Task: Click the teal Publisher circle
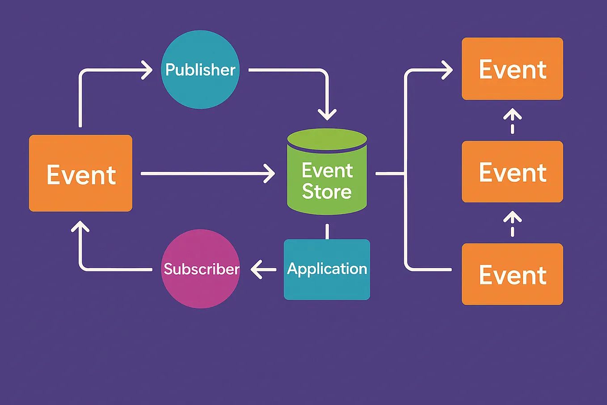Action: pyautogui.click(x=200, y=69)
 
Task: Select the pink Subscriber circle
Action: pyautogui.click(x=201, y=269)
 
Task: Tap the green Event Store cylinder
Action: pyautogui.click(x=327, y=175)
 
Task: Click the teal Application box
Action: pyautogui.click(x=327, y=269)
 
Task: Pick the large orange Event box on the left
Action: pyautogui.click(x=80, y=173)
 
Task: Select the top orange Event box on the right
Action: pyautogui.click(x=512, y=69)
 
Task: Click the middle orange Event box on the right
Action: pyautogui.click(x=512, y=172)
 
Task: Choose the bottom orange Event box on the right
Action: pyautogui.click(x=512, y=274)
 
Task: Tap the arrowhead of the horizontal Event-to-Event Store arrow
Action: pyautogui.click(x=270, y=173)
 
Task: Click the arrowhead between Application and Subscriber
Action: pyautogui.click(x=257, y=270)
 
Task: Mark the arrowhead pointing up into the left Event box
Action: pyautogui.click(x=80, y=226)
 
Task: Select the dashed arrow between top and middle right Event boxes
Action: pyautogui.click(x=512, y=121)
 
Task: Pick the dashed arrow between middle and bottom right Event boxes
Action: pyautogui.click(x=512, y=224)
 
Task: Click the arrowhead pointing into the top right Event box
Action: pyautogui.click(x=448, y=70)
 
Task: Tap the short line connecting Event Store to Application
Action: pyautogui.click(x=327, y=231)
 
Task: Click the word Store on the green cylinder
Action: pyautogui.click(x=327, y=192)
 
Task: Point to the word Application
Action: pyautogui.click(x=327, y=269)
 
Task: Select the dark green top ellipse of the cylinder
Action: pyautogui.click(x=327, y=140)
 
